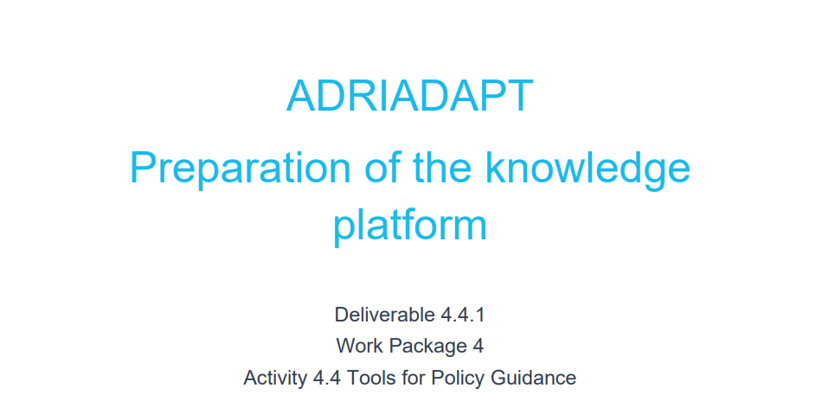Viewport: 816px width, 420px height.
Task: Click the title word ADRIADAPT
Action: point(409,96)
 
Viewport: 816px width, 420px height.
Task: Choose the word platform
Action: point(409,226)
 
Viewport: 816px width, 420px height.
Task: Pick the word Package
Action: point(425,346)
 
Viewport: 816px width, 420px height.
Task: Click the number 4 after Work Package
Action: point(478,346)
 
